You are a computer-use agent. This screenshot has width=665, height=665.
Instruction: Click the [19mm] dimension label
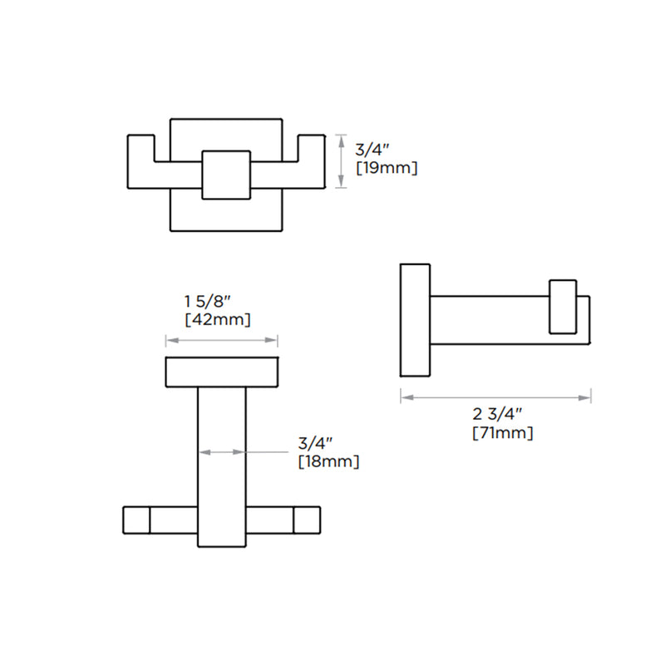tap(386, 168)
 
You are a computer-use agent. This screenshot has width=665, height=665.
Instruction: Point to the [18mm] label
tap(328, 462)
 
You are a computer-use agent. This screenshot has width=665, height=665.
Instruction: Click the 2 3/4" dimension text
tap(497, 414)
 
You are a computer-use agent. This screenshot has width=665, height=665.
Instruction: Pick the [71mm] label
tap(503, 432)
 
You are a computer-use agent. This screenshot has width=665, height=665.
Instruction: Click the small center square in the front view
tap(226, 175)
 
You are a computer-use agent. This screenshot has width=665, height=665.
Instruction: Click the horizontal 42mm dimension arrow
tap(221, 340)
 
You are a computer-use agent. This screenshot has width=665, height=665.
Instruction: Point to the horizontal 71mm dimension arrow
tap(495, 397)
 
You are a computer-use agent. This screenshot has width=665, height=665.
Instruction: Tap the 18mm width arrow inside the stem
tap(222, 452)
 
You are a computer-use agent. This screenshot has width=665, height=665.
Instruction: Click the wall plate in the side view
tap(415, 319)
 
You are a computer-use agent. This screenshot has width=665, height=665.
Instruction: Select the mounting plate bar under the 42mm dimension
tap(221, 372)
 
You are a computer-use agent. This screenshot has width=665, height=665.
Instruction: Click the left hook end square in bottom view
tap(136, 520)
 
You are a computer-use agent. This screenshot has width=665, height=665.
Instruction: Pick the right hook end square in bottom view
tap(307, 520)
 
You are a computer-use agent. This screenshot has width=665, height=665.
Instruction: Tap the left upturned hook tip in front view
tap(140, 148)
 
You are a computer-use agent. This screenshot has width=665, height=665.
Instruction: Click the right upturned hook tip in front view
tap(311, 148)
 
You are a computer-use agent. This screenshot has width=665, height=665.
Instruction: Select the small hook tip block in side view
tap(563, 307)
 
